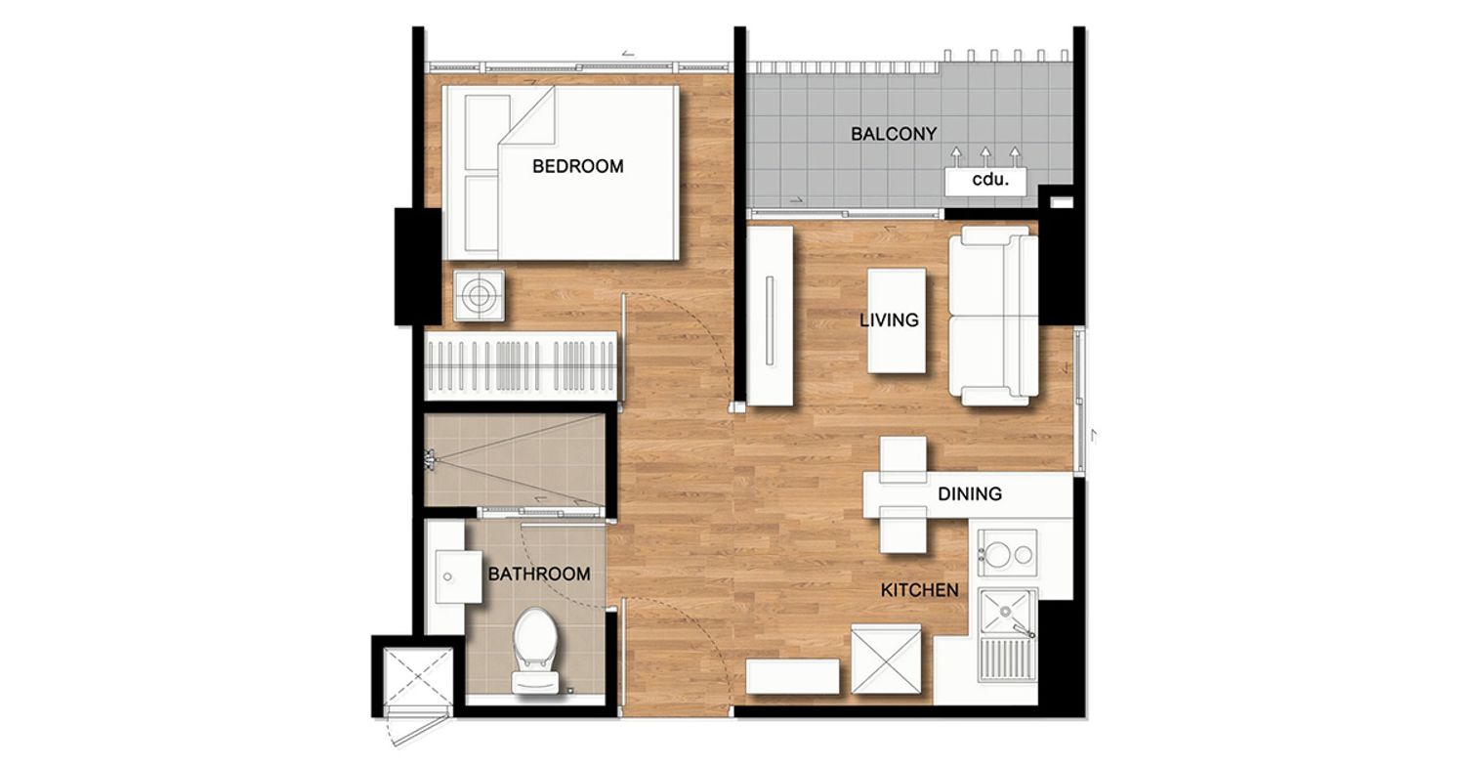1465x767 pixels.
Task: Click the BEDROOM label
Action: point(577,166)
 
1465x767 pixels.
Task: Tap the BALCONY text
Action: point(894,134)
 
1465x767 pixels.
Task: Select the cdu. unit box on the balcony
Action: point(985,181)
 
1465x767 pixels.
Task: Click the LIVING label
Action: point(889,320)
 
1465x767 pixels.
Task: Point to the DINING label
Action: point(969,493)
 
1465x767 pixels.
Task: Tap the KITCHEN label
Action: point(920,590)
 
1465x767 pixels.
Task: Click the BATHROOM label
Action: point(539,574)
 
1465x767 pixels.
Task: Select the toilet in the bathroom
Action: point(535,650)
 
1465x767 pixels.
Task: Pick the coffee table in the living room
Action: point(897,320)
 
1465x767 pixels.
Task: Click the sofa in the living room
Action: point(993,316)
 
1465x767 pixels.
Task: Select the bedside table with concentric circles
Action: point(479,296)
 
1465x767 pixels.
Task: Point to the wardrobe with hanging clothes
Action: point(522,366)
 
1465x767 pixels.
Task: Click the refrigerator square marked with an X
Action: point(886,659)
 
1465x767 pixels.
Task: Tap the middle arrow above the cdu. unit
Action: point(985,157)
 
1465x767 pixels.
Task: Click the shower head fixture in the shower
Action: point(431,459)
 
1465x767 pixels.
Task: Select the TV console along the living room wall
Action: point(770,317)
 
